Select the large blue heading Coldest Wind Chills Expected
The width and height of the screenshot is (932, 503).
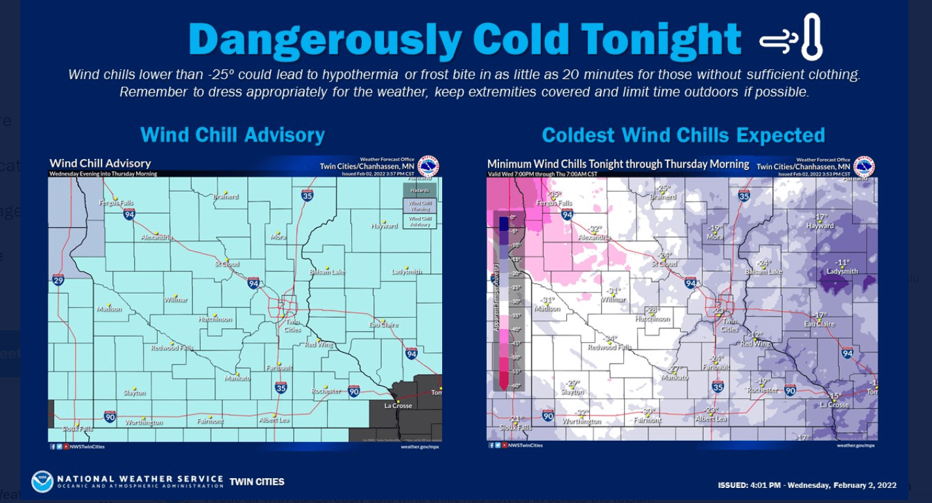point(683,135)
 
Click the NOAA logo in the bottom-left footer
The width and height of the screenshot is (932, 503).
point(43,482)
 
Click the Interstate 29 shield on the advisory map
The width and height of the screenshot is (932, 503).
point(58,280)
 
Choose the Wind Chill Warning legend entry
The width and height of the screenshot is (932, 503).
point(419,206)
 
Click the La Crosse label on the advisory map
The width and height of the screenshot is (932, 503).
point(398,406)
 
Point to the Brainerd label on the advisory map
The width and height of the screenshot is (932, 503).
point(226,196)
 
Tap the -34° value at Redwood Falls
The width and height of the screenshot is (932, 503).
point(610,339)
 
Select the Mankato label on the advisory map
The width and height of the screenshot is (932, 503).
point(237,378)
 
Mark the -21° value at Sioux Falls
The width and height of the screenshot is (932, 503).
point(517,419)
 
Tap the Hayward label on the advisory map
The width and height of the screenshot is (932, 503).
point(385,226)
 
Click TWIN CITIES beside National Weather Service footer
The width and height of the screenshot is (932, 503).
point(256,482)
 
